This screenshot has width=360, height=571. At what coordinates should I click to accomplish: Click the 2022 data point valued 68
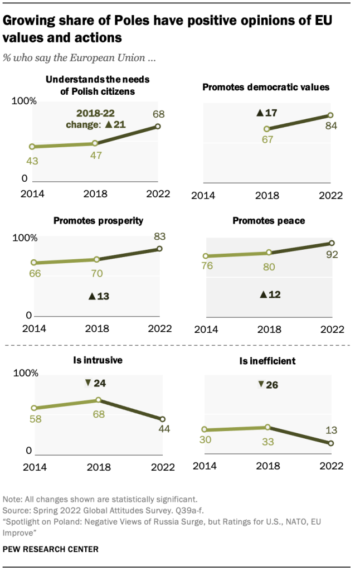coord(158,127)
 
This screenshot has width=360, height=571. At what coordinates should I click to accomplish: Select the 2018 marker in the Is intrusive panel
coord(98,400)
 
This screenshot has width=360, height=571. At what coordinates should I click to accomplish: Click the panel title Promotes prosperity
coord(98,220)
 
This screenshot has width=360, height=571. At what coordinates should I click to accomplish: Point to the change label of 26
coord(268,385)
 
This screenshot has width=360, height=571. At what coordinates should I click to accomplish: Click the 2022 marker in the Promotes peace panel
coord(332,243)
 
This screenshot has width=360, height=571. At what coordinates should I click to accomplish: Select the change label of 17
coord(267,113)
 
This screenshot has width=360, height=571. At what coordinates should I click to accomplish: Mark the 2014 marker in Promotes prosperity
coord(33,263)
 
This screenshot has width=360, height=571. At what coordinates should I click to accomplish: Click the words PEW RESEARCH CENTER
coord(51,549)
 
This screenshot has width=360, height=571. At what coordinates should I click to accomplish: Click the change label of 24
coord(96,383)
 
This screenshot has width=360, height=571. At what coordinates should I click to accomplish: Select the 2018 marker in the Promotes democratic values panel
coord(266,129)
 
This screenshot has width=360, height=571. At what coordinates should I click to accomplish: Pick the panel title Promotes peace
coord(269,221)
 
